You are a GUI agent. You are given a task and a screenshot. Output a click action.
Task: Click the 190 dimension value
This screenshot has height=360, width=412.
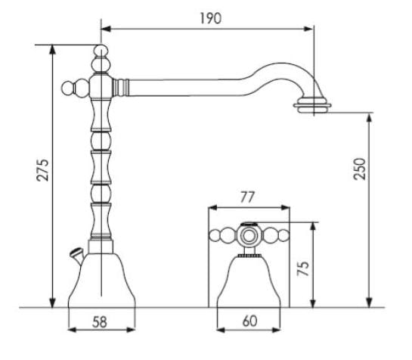point(210,18)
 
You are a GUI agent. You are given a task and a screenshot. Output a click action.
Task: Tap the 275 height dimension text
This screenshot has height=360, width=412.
point(42,170)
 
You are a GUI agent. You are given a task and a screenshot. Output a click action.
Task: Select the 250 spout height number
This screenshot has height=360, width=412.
point(359,169)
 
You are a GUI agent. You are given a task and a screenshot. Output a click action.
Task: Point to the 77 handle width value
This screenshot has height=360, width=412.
point(247,197)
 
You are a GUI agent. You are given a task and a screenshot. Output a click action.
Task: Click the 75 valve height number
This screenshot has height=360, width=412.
point(303,268)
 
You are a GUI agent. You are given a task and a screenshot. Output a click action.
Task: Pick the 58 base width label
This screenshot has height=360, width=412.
point(100,322)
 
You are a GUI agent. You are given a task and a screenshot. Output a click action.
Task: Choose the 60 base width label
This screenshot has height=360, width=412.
point(249,321)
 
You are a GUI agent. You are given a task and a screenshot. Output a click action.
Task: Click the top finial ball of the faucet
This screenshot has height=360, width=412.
point(101,50)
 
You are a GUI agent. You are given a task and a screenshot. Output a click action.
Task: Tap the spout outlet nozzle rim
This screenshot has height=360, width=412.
point(312,106)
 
